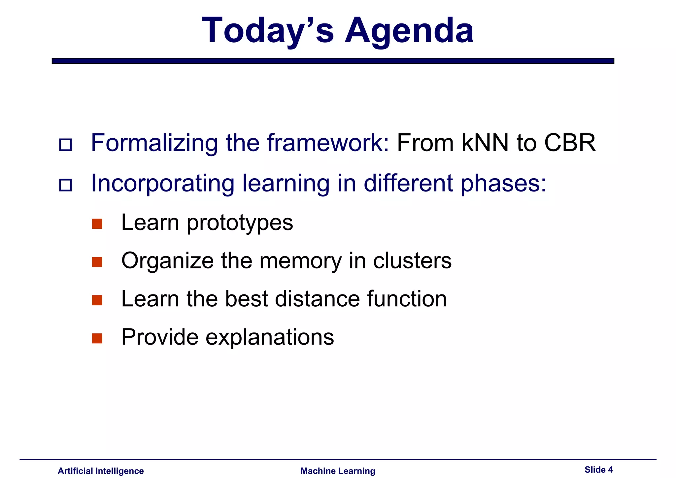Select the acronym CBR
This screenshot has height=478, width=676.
click(x=570, y=143)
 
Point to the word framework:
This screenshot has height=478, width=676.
click(x=328, y=143)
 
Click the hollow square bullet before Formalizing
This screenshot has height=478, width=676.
click(x=65, y=145)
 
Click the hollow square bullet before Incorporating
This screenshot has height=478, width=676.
click(x=65, y=185)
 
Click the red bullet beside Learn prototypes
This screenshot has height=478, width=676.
click(x=97, y=224)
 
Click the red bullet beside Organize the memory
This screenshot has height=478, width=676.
click(x=97, y=262)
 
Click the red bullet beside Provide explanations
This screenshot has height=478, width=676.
click(x=97, y=338)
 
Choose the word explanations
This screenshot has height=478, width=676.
click(x=270, y=337)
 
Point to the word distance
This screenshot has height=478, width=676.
click(x=317, y=299)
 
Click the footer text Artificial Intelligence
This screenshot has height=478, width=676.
click(x=101, y=471)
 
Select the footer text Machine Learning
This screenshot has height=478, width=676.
click(x=338, y=471)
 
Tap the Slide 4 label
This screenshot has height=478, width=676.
click(x=598, y=470)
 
